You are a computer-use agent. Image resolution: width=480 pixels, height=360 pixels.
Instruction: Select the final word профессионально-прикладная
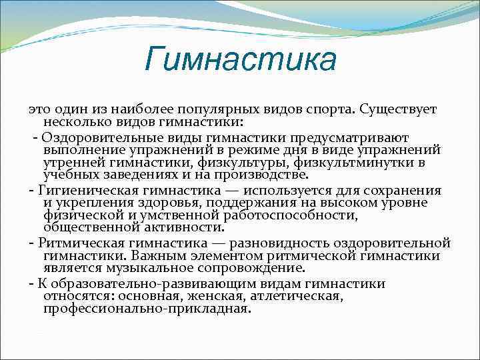(147, 309)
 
